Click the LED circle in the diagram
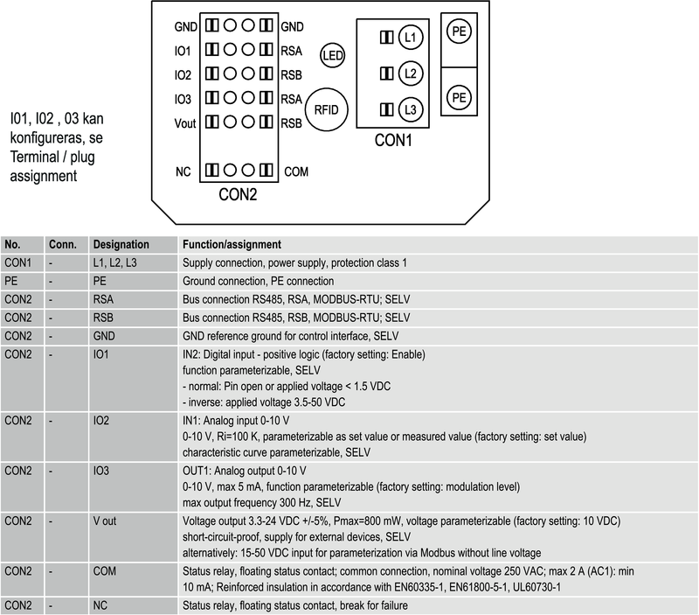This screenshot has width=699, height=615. [333, 55]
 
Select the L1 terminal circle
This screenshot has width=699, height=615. [411, 38]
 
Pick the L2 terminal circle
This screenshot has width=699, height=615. [411, 73]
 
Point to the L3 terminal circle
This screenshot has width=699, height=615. [411, 110]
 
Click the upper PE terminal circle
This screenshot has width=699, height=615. [459, 32]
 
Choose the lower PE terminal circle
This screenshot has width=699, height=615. [459, 97]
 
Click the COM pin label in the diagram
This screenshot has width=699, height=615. [296, 171]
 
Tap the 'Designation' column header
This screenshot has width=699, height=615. [121, 244]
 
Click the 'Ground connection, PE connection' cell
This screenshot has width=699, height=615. [258, 281]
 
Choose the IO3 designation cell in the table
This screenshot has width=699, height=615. [102, 470]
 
